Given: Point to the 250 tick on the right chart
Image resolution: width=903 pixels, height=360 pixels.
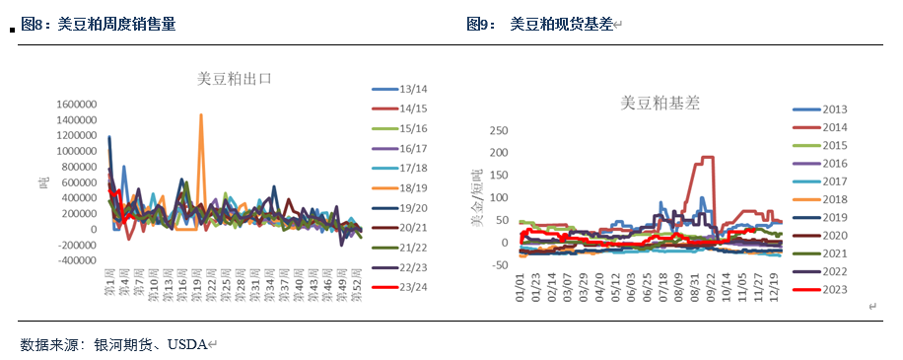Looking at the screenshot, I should (499, 130).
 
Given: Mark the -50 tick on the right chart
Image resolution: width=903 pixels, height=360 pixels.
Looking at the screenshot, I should (499, 264).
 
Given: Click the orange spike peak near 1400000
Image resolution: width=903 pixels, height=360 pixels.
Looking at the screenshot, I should (201, 115).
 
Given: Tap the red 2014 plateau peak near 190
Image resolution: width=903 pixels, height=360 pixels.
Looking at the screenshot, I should (707, 158).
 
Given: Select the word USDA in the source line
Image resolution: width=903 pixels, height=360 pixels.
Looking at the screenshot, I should (187, 344).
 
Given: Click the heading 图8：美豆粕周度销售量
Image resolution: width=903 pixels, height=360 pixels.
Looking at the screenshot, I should (99, 25).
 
